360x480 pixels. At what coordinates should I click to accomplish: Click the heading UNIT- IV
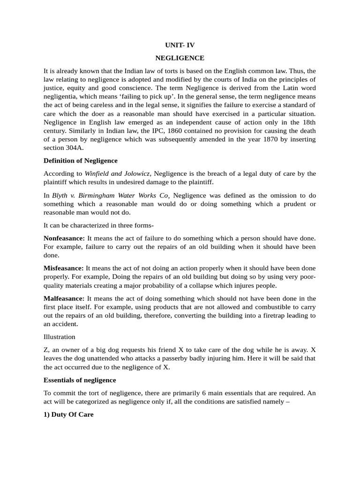(x=180, y=45)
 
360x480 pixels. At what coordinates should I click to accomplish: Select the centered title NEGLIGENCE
(x=180, y=58)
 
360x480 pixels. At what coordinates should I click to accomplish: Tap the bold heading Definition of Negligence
(x=80, y=161)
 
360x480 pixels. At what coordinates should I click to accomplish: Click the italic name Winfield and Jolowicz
(x=118, y=173)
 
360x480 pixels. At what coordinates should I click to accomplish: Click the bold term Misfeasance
(x=63, y=268)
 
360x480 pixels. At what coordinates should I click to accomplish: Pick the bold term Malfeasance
(x=64, y=298)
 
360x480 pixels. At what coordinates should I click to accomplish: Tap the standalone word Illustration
(x=59, y=337)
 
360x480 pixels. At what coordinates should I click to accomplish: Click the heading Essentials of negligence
(x=80, y=380)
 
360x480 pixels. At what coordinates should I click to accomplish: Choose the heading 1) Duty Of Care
(x=68, y=414)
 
